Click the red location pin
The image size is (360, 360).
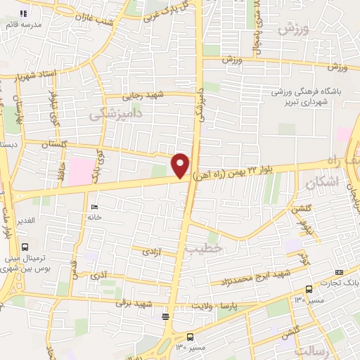pos(181,165)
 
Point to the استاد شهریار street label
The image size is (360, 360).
pos(28,75)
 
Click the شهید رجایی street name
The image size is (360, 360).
pos(138,95)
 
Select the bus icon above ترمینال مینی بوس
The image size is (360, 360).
pos(25,247)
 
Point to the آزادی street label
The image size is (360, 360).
pos(150,250)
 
